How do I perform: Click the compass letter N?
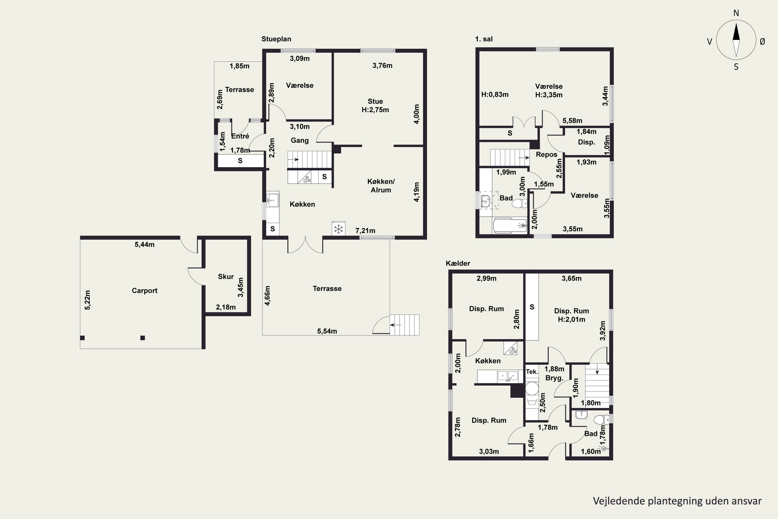(736, 13)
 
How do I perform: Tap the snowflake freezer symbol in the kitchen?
(338, 229)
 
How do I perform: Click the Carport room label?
(144, 291)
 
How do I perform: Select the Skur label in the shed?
(226, 276)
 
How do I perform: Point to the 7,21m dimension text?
(365, 231)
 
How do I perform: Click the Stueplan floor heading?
(276, 39)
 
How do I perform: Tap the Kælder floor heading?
(458, 263)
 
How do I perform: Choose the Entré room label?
(240, 136)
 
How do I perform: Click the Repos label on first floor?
(546, 155)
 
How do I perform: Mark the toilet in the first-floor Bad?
(520, 203)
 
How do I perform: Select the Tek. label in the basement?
(532, 372)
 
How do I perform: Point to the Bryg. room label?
(554, 378)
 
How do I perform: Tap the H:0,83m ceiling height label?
(495, 95)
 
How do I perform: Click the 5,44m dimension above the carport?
(144, 245)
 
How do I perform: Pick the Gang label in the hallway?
(300, 140)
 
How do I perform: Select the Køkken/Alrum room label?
(381, 186)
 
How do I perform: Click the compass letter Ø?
(762, 41)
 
